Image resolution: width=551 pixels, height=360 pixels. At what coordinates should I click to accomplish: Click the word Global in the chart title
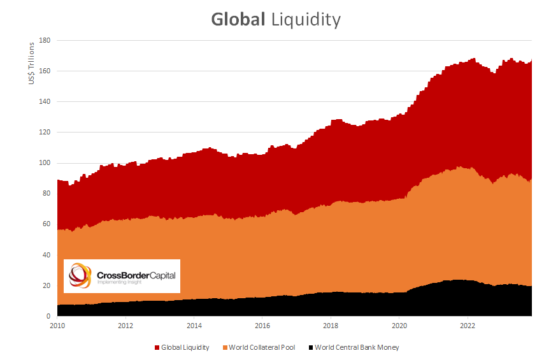tap(238, 20)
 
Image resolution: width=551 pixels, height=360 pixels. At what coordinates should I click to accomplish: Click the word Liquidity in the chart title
tap(306, 20)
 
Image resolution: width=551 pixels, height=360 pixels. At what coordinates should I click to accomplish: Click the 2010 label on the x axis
tap(57, 324)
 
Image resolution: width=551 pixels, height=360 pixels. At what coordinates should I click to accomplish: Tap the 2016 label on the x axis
tap(262, 324)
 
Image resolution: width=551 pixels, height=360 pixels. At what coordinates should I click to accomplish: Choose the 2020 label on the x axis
tap(399, 324)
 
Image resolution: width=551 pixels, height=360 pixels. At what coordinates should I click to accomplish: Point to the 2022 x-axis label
tap(467, 324)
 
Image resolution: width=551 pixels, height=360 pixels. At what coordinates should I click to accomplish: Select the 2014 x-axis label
tap(194, 324)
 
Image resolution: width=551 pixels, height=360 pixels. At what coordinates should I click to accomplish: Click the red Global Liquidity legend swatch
tap(157, 347)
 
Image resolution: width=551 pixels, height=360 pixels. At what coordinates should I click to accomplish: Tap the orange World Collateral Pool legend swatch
tap(224, 347)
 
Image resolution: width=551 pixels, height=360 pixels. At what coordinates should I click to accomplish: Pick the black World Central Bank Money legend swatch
tap(311, 347)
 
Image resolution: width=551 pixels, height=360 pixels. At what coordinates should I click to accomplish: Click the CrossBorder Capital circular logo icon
tap(80, 275)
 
